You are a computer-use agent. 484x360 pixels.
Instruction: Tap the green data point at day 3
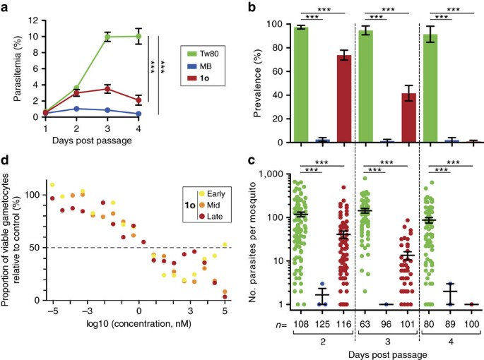point(107,37)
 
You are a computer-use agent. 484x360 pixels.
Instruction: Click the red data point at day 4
point(138,100)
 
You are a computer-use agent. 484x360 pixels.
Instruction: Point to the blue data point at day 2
point(77,109)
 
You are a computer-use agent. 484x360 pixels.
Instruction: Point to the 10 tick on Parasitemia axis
point(36,36)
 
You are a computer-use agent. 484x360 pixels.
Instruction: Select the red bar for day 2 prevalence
point(324,99)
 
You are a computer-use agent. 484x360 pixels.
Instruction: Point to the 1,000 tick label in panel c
point(269,174)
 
